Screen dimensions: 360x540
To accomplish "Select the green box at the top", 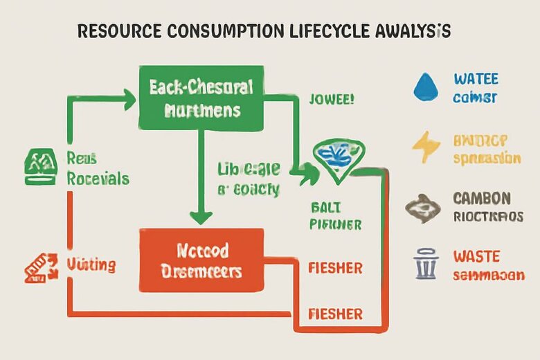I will [x=201, y=98].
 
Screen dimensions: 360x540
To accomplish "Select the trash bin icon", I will [x=422, y=264].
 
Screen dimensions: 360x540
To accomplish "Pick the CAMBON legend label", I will [x=482, y=199].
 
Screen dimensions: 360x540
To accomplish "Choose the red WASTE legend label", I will [x=476, y=257].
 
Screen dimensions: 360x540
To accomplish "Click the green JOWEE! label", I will [x=331, y=98].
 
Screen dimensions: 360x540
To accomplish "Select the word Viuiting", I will [x=91, y=264].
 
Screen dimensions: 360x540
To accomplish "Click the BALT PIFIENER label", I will [x=336, y=215].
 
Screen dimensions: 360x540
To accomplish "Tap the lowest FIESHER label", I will [x=335, y=314].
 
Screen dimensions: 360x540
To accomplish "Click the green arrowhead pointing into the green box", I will [x=130, y=99].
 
